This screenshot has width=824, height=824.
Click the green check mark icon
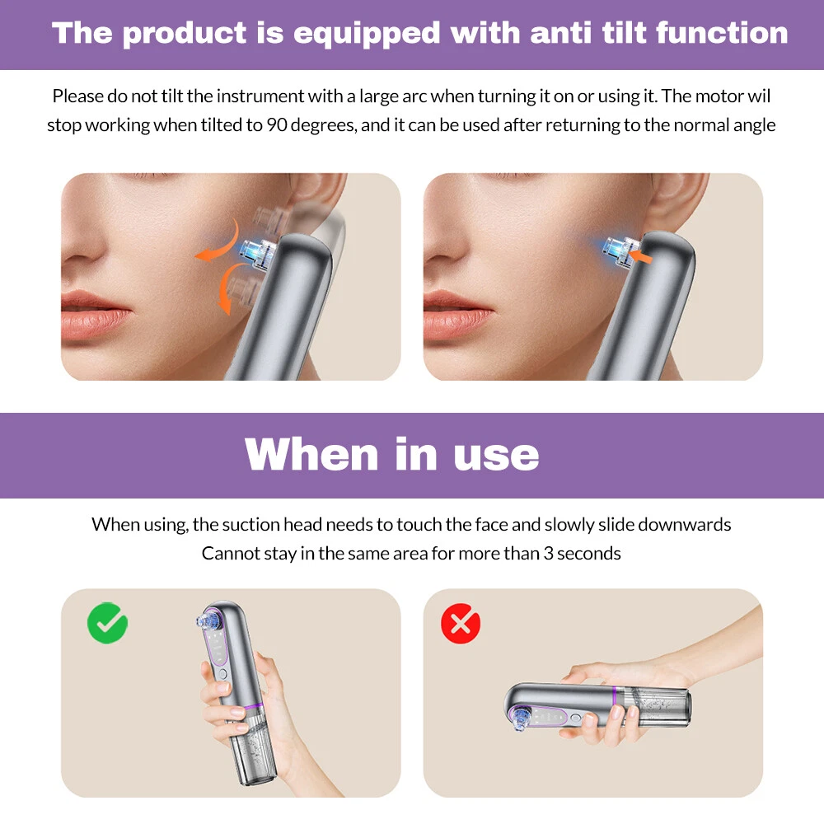coord(107,623)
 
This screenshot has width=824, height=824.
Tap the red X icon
coord(461,623)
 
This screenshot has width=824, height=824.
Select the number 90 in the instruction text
coord(276,125)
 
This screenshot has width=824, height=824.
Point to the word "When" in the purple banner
coord(311,454)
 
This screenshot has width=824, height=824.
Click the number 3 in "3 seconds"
coord(548,554)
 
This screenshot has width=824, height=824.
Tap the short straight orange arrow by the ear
coord(640,256)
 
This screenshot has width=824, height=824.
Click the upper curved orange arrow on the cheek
coord(218,243)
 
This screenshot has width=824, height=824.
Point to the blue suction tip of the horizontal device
coord(520,719)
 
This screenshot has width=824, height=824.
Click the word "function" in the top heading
coord(722,33)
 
